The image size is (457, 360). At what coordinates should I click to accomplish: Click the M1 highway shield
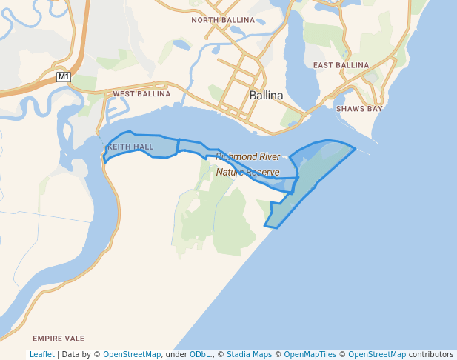pyautogui.click(x=64, y=76)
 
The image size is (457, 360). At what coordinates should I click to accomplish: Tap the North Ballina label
pyautogui.click(x=223, y=20)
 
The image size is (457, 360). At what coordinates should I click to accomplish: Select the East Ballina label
pyautogui.click(x=341, y=65)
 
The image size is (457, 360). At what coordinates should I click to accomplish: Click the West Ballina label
pyautogui.click(x=141, y=94)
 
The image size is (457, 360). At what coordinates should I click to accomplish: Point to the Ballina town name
pyautogui.click(x=267, y=96)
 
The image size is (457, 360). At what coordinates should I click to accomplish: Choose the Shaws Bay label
pyautogui.click(x=359, y=109)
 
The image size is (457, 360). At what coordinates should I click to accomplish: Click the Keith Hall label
pyautogui.click(x=130, y=147)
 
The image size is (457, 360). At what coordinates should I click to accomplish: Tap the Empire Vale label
pyautogui.click(x=59, y=337)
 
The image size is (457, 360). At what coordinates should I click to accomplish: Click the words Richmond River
pyautogui.click(x=248, y=157)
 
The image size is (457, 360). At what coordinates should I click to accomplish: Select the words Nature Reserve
pyautogui.click(x=248, y=173)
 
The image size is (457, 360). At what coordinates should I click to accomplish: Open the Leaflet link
pyautogui.click(x=42, y=355)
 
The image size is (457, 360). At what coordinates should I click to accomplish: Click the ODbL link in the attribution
pyautogui.click(x=199, y=355)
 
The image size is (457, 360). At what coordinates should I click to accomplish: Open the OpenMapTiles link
pyautogui.click(x=310, y=355)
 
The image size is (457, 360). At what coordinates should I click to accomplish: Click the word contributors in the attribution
pyautogui.click(x=431, y=355)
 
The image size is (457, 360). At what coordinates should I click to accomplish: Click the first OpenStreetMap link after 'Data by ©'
pyautogui.click(x=132, y=355)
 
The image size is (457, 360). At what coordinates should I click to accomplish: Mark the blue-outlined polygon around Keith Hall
pyautogui.click(x=141, y=146)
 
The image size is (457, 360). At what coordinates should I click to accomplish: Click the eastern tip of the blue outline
pyautogui.click(x=356, y=149)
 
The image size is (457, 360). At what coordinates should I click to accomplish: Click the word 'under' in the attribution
pyautogui.click(x=175, y=355)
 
